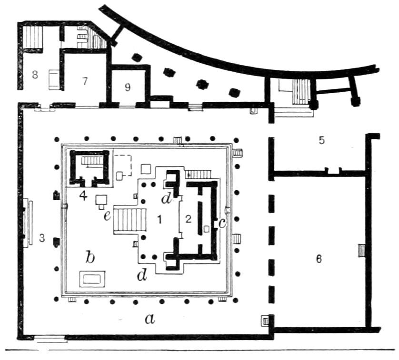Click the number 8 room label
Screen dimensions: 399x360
(35, 75)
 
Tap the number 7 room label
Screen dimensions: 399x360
(85, 81)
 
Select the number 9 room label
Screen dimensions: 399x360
(128, 88)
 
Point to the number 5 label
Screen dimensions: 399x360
(322, 140)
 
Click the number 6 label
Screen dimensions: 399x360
(319, 259)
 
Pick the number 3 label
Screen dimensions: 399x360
(42, 238)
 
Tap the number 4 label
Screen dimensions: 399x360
(83, 196)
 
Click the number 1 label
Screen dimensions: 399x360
(160, 219)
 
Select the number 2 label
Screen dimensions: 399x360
(188, 219)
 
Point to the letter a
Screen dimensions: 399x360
(150, 319)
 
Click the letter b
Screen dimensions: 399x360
(90, 257)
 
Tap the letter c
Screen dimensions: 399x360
(222, 224)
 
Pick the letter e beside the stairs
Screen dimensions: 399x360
(107, 216)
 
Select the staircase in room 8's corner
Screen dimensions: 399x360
(32, 38)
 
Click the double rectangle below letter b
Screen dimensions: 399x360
(92, 279)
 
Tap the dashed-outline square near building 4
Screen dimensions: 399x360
(123, 165)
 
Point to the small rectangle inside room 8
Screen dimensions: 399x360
(54, 80)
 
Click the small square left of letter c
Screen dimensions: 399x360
(207, 229)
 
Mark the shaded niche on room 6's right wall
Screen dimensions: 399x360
(361, 251)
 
